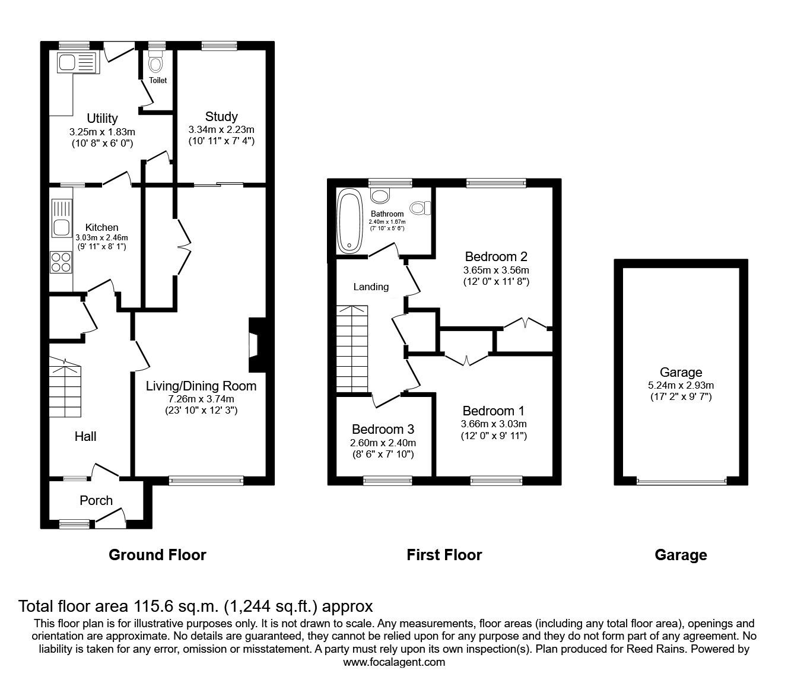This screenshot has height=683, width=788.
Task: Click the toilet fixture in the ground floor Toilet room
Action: point(156,63)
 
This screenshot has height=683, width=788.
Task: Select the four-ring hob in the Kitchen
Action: point(61,262)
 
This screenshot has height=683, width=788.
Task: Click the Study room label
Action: point(221,116)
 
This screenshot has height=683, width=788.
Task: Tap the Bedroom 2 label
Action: point(496,257)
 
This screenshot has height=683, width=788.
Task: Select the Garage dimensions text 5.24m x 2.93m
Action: point(681,385)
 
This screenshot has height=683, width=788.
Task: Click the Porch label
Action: point(96,500)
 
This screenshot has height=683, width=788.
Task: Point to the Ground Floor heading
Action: point(157,555)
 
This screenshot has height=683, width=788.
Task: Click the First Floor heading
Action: point(444,555)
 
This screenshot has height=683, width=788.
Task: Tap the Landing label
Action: point(371,287)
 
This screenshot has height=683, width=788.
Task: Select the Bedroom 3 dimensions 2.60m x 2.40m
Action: point(383,443)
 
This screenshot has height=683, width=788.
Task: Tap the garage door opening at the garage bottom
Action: point(681,481)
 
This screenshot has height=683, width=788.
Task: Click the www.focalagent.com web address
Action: point(394,662)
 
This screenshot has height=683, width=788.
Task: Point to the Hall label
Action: point(85,437)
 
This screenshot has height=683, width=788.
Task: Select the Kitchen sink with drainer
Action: point(61,217)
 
